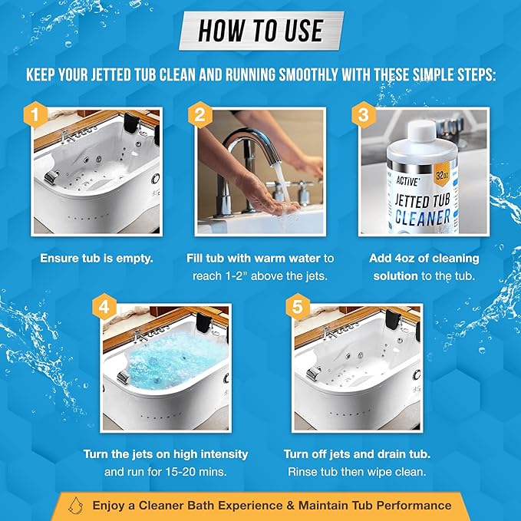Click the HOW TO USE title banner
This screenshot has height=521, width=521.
(x=260, y=30)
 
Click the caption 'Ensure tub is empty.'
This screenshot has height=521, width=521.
(x=97, y=259)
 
